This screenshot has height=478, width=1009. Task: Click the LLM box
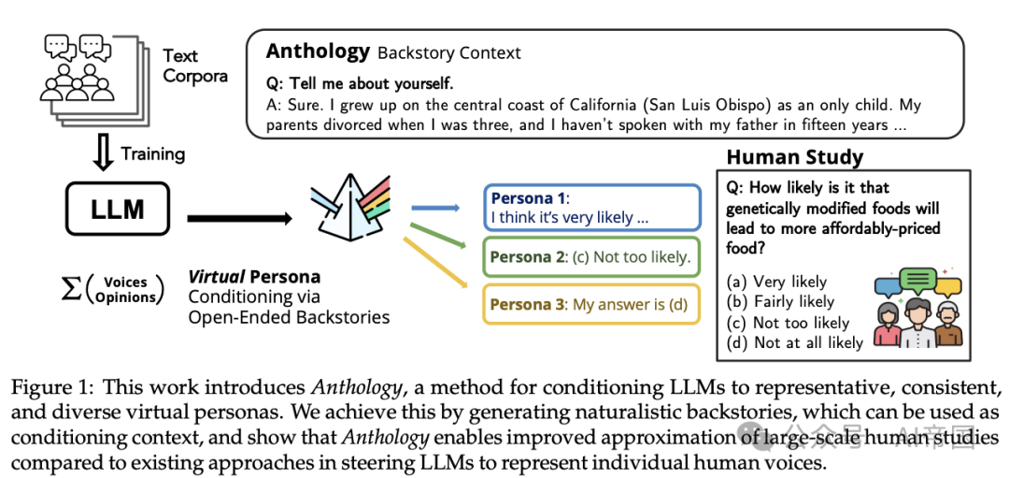117,208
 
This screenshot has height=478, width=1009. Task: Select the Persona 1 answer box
591,208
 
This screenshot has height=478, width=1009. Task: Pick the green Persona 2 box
591,257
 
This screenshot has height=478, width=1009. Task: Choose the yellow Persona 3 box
591,304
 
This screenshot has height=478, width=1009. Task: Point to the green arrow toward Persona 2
434,239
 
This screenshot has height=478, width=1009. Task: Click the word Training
153,153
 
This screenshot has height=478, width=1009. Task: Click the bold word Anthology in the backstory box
318,51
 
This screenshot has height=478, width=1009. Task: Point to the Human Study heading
794,157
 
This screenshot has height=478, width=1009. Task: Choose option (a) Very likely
777,282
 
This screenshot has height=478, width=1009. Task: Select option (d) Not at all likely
794,342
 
